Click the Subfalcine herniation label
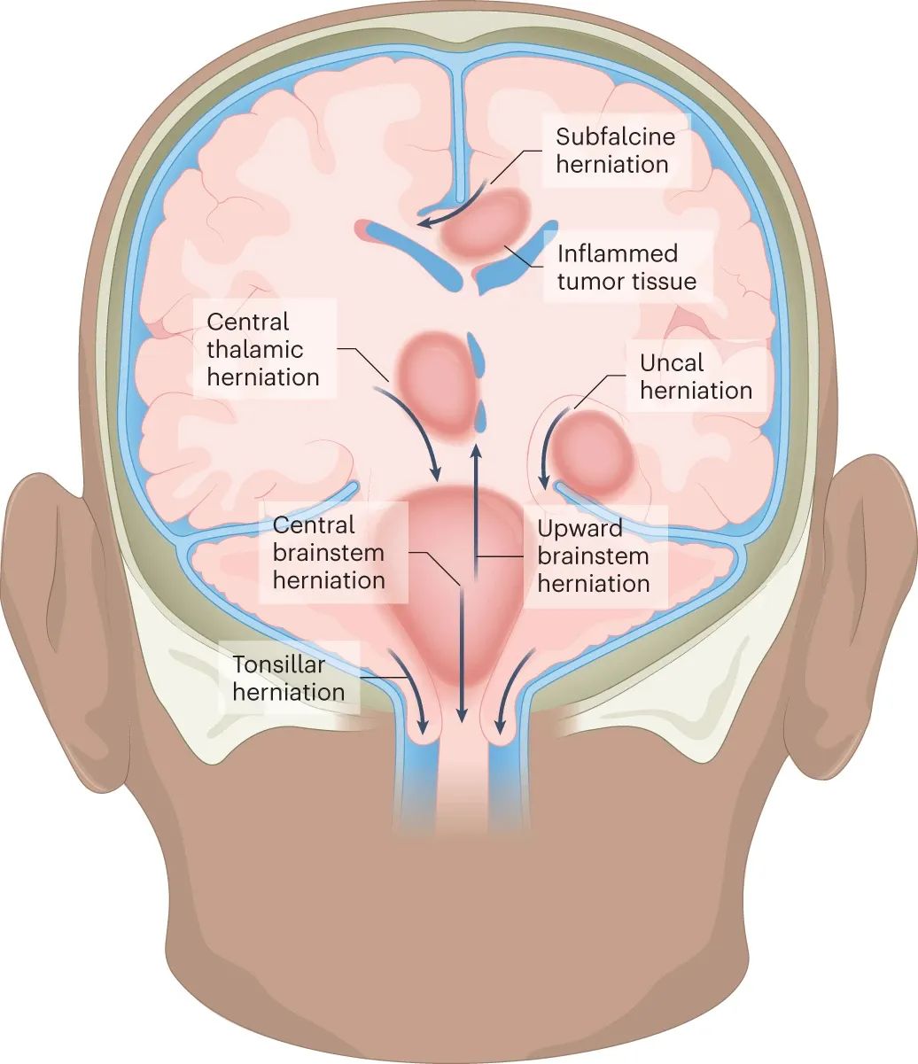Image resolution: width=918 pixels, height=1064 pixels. click(615, 151)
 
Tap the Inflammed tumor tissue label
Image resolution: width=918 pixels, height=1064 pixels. click(626, 268)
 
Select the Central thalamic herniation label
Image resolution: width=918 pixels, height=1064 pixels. click(263, 350)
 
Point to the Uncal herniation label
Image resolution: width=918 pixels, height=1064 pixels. click(696, 377)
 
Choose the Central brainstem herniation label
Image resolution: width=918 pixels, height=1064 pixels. click(329, 553)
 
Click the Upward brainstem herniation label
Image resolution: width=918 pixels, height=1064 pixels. click(593, 556)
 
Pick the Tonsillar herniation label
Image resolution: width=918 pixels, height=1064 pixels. click(288, 679)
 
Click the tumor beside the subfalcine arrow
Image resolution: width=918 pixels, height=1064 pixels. click(485, 222)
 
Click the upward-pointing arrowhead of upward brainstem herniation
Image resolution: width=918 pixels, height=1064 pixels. click(476, 449)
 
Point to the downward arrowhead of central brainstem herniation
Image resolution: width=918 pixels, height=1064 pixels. click(462, 717)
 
